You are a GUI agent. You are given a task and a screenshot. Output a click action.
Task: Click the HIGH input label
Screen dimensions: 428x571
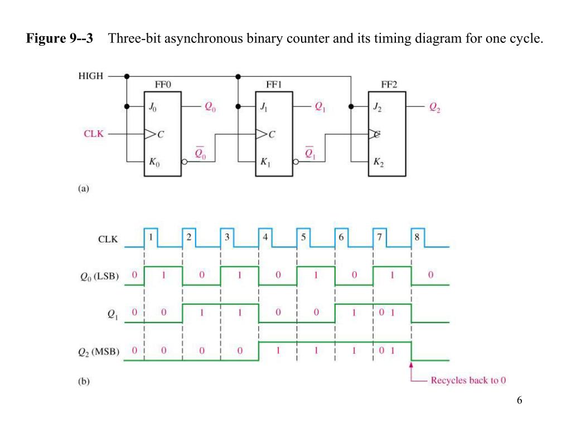(90, 76)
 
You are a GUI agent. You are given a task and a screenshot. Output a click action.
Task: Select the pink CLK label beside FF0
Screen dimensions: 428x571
(93, 134)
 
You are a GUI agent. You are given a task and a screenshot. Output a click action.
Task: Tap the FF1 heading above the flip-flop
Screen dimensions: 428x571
(274, 85)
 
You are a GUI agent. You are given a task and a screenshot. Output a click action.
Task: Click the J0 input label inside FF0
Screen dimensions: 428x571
(153, 107)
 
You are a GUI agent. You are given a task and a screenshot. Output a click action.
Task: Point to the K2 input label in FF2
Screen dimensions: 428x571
(379, 163)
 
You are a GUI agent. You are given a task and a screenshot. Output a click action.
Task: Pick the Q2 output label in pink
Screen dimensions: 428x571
(435, 108)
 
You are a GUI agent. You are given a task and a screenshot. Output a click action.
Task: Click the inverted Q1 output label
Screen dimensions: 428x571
(310, 153)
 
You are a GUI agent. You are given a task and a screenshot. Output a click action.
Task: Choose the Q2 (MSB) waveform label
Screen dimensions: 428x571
(100, 352)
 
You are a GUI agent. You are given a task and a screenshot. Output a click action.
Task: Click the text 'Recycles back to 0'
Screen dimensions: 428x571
(468, 381)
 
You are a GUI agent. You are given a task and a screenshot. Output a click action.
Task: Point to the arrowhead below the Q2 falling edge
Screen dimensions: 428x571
(411, 366)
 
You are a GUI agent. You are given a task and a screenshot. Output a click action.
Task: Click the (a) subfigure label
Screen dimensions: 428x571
(83, 189)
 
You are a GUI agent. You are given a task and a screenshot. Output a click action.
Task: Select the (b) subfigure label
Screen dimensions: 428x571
(83, 382)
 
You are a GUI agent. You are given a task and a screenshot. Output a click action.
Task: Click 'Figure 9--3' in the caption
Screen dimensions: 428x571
(60, 39)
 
